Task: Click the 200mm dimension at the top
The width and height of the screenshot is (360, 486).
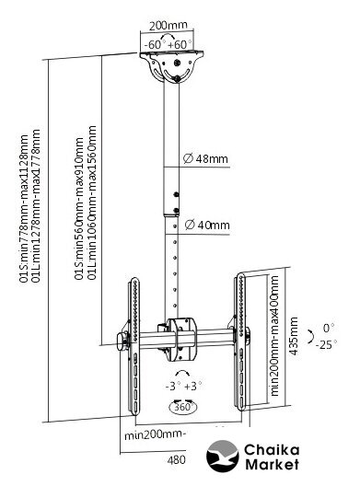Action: [168, 25]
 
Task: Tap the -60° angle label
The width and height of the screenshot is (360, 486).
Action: [154, 44]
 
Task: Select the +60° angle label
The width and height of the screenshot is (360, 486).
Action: [180, 44]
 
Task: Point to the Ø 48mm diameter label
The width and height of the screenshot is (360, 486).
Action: [205, 158]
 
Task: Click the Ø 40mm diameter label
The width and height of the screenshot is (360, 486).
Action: [207, 225]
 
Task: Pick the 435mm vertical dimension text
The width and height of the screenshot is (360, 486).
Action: [293, 336]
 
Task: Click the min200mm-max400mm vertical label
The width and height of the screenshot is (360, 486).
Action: [274, 336]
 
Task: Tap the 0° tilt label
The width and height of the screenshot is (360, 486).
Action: [329, 328]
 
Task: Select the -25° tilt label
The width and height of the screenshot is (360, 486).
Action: [326, 344]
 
